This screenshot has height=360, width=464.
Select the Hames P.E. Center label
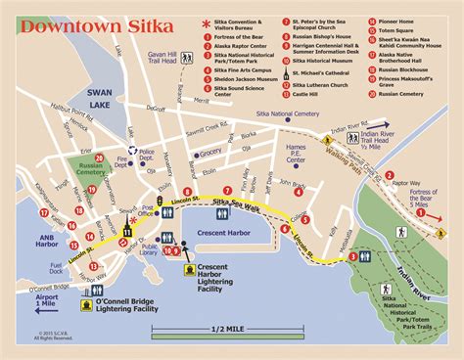[296, 150]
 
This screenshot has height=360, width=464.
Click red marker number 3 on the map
[351, 257]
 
